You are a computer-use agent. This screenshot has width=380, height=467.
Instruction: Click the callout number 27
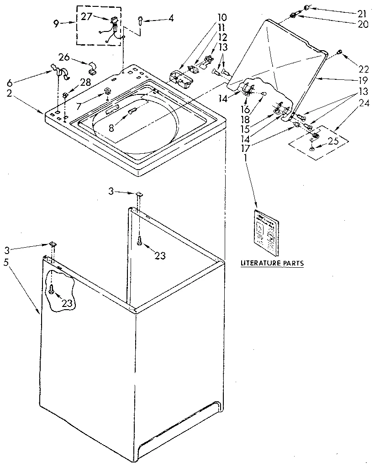click(x=87, y=16)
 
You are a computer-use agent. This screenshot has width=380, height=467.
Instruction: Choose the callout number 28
click(x=86, y=82)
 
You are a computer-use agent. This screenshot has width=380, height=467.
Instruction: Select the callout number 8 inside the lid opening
click(x=111, y=129)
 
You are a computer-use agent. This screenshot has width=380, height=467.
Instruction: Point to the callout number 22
click(x=364, y=69)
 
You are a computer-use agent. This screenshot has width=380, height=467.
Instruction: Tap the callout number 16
click(x=246, y=110)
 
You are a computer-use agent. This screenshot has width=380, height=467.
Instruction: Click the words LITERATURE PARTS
click(x=272, y=263)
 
